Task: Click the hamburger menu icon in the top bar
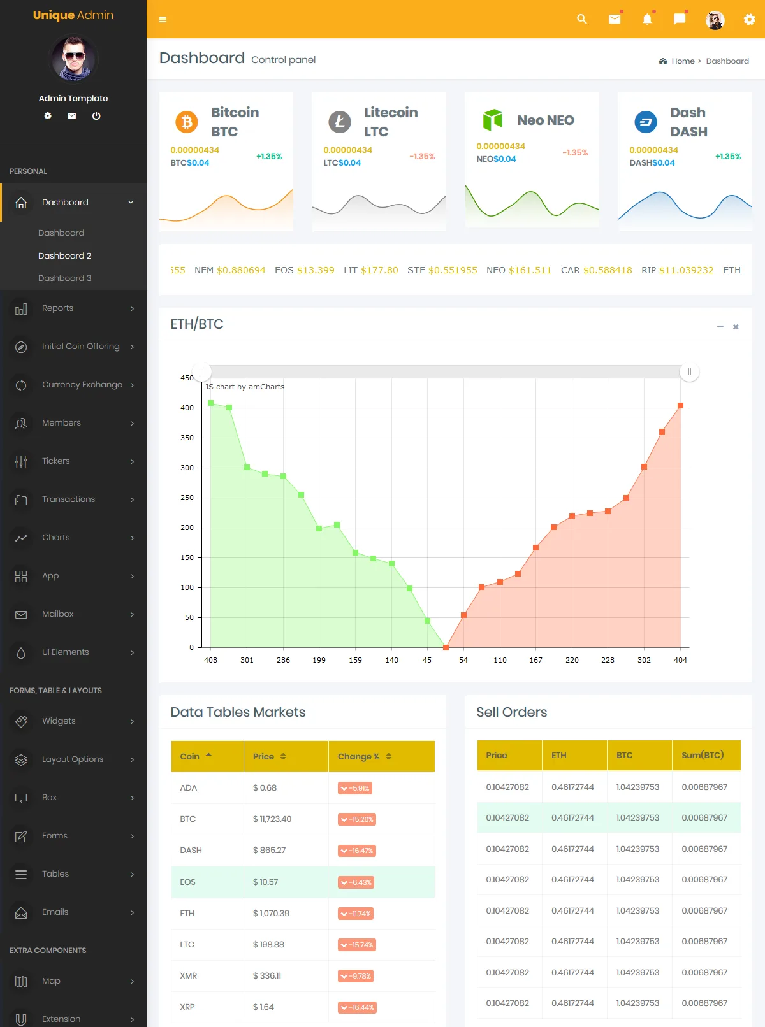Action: tap(163, 19)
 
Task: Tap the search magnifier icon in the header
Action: tap(581, 19)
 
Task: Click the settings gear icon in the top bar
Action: tap(749, 20)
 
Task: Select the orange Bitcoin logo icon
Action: tap(187, 121)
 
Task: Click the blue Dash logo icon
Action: tap(646, 121)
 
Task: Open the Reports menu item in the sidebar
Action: tap(57, 308)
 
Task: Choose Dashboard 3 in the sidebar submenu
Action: tap(64, 278)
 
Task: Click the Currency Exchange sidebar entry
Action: tap(82, 385)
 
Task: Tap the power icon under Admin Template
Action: tap(96, 116)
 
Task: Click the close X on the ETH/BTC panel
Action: tap(736, 327)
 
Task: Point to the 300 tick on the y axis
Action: tap(187, 468)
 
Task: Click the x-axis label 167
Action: tap(535, 660)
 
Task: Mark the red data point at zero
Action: tap(446, 647)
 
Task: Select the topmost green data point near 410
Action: tap(211, 403)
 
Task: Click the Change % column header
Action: tap(358, 756)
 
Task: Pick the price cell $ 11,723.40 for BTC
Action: tap(272, 819)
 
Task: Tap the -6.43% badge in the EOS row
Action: tap(356, 882)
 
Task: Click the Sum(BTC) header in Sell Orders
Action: tap(703, 755)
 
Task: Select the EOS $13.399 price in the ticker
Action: tap(305, 270)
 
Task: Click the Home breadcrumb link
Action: tap(683, 61)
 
